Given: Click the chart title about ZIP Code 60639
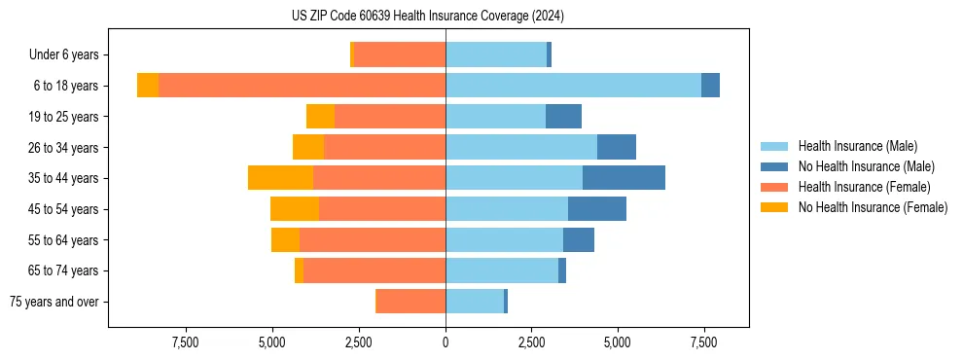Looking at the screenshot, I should click(x=427, y=16).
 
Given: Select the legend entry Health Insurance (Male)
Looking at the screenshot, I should click(x=857, y=146).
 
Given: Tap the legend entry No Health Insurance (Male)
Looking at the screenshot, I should click(x=863, y=166).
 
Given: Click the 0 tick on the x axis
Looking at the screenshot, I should click(x=446, y=342).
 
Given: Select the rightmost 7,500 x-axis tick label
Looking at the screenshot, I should click(x=704, y=342).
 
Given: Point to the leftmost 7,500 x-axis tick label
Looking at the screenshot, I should click(x=186, y=342).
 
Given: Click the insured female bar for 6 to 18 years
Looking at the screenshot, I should click(x=302, y=86).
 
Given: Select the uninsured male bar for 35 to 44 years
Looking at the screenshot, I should click(x=624, y=178).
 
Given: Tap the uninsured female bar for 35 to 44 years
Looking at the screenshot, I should click(x=280, y=178).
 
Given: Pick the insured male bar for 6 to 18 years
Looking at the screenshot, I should click(x=573, y=86).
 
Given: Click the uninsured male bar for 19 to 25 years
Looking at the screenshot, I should click(x=563, y=117).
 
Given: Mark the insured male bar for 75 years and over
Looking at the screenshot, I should click(x=475, y=302).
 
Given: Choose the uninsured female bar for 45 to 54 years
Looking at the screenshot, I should click(x=295, y=209).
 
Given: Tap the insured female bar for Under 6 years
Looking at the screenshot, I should click(x=400, y=54).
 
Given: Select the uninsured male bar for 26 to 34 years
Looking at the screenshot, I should click(x=617, y=147).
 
